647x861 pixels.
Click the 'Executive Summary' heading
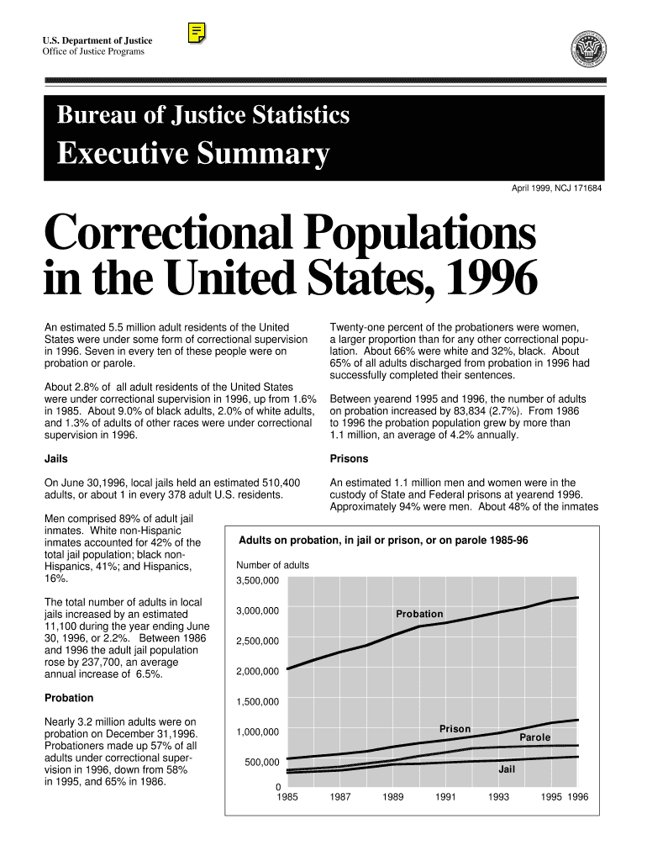pos(192,154)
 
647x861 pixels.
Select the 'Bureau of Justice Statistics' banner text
pos(203,115)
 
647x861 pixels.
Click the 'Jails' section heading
pos(55,459)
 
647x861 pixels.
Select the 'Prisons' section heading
pos(348,459)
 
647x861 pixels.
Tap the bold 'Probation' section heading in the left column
pos(68,698)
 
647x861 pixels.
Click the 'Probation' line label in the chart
pos(419,614)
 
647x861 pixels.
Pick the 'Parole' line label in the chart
pos(535,737)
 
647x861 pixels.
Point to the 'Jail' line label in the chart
pos(507,769)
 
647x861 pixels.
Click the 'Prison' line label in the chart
pos(455,728)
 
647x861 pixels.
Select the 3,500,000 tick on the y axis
pos(258,580)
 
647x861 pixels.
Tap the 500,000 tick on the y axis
pos(261,762)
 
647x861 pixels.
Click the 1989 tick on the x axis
pos(393,797)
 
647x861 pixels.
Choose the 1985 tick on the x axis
pos(287,797)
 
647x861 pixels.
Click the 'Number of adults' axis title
pos(272,565)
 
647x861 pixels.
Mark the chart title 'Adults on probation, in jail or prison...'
pos(384,540)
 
